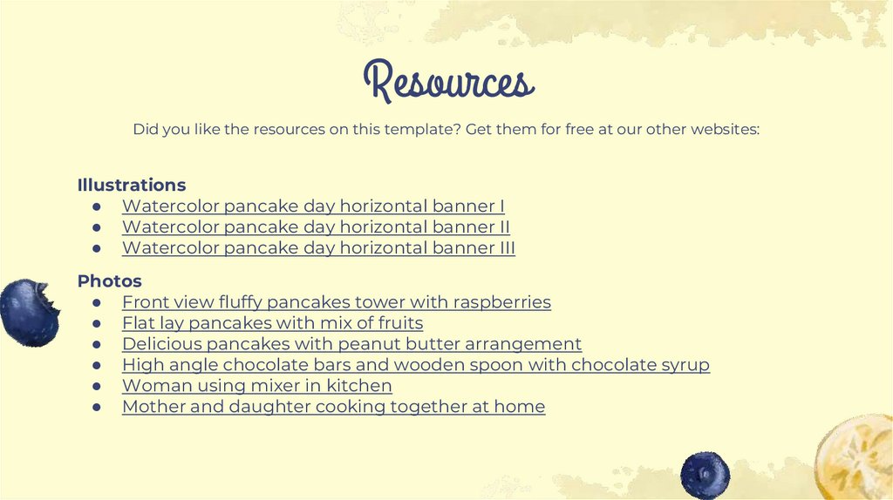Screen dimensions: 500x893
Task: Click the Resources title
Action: pyautogui.click(x=447, y=81)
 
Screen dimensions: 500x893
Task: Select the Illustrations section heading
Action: pyautogui.click(x=132, y=185)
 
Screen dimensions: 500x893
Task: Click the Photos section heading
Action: pyautogui.click(x=110, y=281)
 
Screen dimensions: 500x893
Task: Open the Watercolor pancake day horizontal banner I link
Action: pyautogui.click(x=313, y=206)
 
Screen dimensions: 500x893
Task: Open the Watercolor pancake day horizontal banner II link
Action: pyautogui.click(x=316, y=227)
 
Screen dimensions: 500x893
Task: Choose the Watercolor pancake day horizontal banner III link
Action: pyautogui.click(x=318, y=248)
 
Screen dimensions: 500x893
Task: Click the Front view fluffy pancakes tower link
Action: pyautogui.click(x=336, y=302)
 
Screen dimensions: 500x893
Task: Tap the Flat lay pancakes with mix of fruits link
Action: pyautogui.click(x=272, y=323)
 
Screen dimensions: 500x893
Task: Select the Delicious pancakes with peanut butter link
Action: pyautogui.click(x=351, y=344)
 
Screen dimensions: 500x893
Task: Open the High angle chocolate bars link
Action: pyautogui.click(x=415, y=365)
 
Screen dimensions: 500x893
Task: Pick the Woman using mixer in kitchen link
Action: pyautogui.click(x=256, y=386)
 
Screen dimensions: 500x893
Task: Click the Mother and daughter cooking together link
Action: pyautogui.click(x=333, y=407)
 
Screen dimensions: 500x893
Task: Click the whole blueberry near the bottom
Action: pyautogui.click(x=705, y=475)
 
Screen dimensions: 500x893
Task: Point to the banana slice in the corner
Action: pyautogui.click(x=857, y=457)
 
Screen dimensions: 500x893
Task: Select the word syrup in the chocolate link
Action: pyautogui.click(x=684, y=365)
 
